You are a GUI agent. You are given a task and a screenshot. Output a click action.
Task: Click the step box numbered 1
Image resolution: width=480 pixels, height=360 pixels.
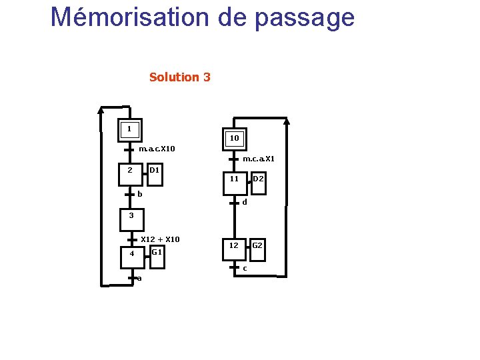click(x=129, y=129)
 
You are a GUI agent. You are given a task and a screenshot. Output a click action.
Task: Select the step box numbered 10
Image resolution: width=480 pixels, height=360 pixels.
click(x=234, y=139)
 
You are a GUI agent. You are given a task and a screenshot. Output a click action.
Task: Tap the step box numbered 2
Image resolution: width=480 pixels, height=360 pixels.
click(x=131, y=171)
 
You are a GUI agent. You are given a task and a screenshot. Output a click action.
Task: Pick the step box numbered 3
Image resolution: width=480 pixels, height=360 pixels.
click(x=131, y=216)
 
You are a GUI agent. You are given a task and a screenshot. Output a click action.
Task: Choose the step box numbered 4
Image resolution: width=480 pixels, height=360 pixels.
click(x=132, y=254)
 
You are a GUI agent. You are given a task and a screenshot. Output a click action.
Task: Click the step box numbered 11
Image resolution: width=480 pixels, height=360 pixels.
click(x=234, y=179)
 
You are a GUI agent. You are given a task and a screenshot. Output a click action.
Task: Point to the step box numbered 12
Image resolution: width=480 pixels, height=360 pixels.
click(x=234, y=246)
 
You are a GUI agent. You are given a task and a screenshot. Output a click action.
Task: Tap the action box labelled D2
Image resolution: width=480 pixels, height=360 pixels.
click(x=258, y=179)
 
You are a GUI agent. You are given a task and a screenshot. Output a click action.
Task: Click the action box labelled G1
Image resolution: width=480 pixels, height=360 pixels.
click(x=157, y=252)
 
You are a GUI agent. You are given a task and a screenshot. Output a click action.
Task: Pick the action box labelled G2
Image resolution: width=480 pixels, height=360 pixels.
click(x=257, y=246)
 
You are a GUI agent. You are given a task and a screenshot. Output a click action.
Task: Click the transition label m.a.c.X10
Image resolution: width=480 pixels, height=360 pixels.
click(x=157, y=148)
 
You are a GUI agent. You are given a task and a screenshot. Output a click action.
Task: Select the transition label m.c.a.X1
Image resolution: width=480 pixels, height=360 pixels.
click(x=259, y=159)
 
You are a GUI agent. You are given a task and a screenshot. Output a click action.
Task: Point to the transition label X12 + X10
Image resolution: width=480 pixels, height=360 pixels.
click(x=161, y=239)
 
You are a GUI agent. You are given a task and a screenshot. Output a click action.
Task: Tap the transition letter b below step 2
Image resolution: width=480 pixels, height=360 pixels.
click(x=140, y=194)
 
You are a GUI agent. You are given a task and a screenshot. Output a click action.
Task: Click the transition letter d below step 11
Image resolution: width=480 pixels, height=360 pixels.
click(x=245, y=202)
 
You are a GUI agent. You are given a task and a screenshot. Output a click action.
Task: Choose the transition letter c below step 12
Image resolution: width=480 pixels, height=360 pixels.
click(x=245, y=268)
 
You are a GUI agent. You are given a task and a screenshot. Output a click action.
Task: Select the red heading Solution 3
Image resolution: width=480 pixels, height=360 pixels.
click(x=180, y=77)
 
